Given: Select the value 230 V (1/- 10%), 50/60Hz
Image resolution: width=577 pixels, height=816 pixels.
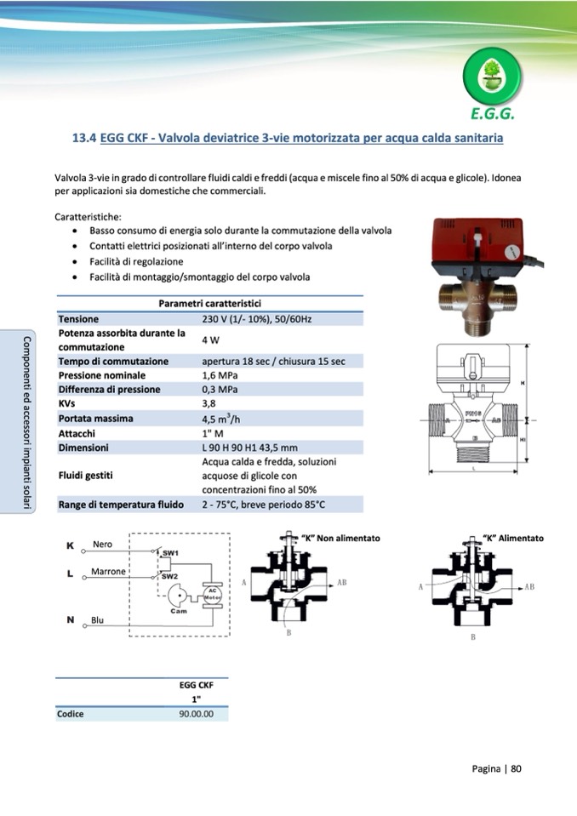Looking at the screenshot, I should pyautogui.click(x=257, y=319).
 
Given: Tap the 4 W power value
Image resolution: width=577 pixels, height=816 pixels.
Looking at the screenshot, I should pyautogui.click(x=210, y=340).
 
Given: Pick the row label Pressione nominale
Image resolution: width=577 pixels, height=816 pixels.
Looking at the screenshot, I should pyautogui.click(x=101, y=375).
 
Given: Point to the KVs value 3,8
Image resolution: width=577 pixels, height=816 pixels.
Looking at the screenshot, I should pyautogui.click(x=209, y=403).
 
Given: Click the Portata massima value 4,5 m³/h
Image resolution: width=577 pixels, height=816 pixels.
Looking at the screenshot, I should pyautogui.click(x=220, y=418).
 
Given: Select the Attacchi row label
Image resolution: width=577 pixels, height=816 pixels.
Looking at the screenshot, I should pyautogui.click(x=77, y=432).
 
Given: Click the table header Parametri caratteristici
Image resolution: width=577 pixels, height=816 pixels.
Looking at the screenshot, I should pyautogui.click(x=209, y=304).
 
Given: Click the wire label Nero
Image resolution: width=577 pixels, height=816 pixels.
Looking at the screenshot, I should pyautogui.click(x=102, y=544).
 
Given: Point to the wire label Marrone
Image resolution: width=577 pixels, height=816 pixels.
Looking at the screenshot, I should pyautogui.click(x=108, y=571).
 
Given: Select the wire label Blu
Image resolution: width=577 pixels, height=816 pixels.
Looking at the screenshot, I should pyautogui.click(x=98, y=620).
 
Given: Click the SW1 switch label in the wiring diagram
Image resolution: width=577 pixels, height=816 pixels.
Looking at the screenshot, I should pyautogui.click(x=170, y=553).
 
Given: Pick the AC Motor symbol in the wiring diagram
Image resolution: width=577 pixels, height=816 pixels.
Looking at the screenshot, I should pyautogui.click(x=212, y=595).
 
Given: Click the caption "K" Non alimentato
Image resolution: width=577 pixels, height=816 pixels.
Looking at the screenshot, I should pyautogui.click(x=341, y=539).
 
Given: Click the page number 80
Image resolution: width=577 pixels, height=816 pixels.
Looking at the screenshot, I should pyautogui.click(x=516, y=769).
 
